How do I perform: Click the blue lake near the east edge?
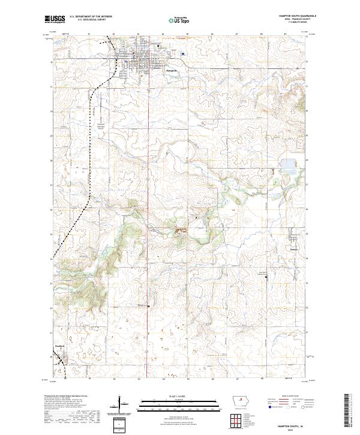[x=289, y=164]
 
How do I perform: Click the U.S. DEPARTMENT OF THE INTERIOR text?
[x=91, y=16]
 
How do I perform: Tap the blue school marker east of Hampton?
[x=182, y=54]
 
